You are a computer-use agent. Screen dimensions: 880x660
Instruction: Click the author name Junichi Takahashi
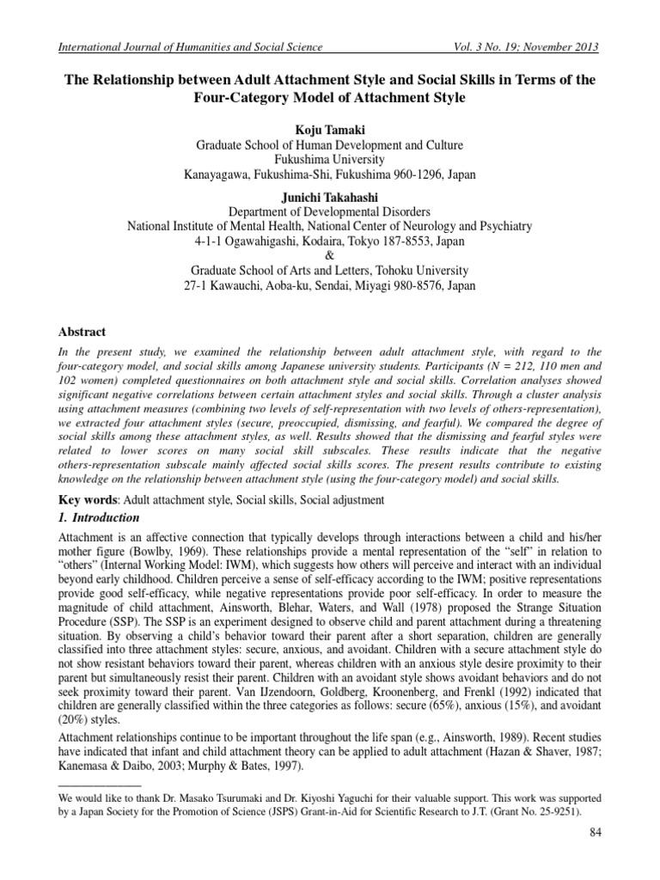pos(330,197)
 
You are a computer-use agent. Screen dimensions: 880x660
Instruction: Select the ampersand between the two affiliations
pos(330,255)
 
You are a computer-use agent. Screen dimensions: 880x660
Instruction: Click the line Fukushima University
pos(330,159)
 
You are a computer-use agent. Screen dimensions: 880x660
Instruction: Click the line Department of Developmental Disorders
pos(330,211)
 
